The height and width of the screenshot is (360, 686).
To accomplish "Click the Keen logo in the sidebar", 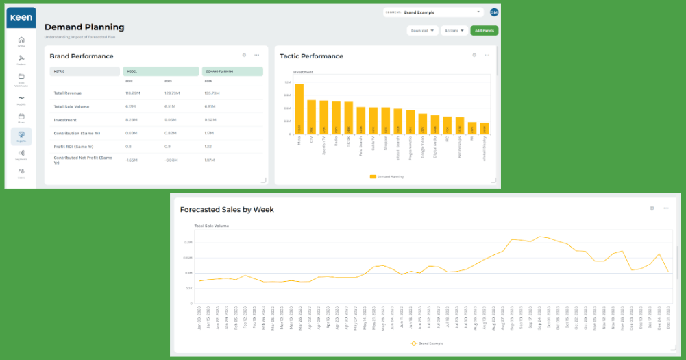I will pos(21,17).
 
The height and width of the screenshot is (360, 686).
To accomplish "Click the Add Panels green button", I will pos(484,31).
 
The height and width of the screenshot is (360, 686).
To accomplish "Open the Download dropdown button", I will pos(422,31).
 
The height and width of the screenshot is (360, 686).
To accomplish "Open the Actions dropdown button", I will pos(454,31).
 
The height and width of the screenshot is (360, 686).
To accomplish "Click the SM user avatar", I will pos(494,12).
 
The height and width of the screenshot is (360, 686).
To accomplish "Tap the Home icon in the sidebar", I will pos(21,40).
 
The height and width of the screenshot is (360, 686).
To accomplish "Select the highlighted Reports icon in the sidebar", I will pos(21,136).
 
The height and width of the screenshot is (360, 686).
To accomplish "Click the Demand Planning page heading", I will pos(84,27).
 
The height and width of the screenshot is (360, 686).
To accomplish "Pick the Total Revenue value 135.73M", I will pos(212,93).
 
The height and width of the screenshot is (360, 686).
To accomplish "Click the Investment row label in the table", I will pos(65,119).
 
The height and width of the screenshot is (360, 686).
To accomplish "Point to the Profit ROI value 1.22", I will pos(208,146).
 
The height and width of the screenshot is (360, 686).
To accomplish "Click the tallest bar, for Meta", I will pos(299,109).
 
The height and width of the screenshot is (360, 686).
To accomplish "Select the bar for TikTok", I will pos(348,118).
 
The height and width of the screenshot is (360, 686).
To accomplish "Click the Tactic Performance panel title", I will pos(311,56).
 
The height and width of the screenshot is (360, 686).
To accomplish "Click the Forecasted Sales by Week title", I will pos(226,209).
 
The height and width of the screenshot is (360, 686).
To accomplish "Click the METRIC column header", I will pos(60,71).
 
